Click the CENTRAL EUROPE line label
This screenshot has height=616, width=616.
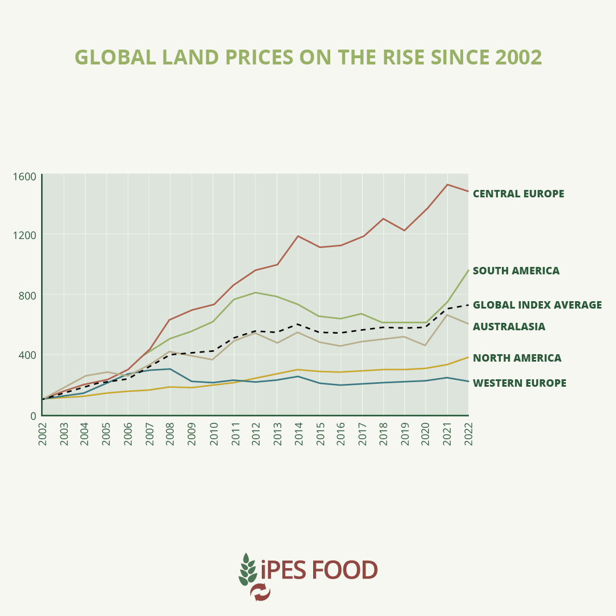(518, 194)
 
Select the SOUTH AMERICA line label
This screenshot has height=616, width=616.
(516, 271)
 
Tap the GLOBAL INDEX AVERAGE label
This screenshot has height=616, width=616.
(537, 305)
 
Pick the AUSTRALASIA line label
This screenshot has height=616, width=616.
(509, 327)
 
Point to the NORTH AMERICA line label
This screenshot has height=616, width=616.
(517, 358)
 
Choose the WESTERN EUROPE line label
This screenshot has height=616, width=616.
(520, 383)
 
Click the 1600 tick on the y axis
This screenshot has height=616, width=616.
(25, 176)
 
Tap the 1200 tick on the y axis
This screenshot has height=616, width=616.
(25, 235)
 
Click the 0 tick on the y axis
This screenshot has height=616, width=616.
(33, 416)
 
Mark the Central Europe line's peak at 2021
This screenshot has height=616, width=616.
(447, 184)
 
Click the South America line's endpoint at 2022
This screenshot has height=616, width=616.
(468, 270)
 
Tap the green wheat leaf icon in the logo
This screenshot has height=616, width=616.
(247, 569)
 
